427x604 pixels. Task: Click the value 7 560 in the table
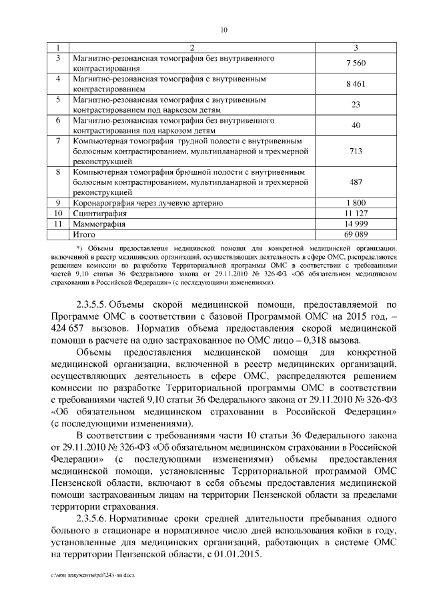pos(356,63)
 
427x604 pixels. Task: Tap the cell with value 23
pos(356,105)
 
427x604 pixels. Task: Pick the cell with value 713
pos(356,152)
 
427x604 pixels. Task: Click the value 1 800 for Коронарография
pos(356,202)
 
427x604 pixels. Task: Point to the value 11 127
pos(356,213)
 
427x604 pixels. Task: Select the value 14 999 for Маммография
pos(356,224)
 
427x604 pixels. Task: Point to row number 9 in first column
pos(59,202)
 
